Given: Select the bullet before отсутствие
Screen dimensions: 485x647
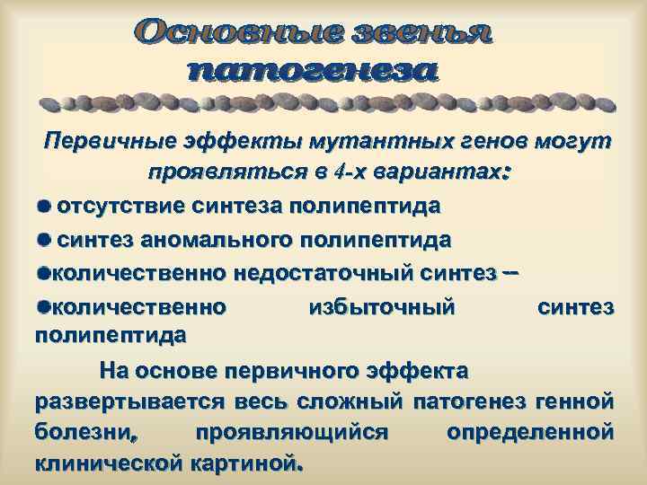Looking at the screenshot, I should (x=45, y=205).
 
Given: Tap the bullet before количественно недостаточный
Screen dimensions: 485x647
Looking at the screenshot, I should (x=45, y=273).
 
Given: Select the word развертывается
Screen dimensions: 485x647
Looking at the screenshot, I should (x=123, y=401).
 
